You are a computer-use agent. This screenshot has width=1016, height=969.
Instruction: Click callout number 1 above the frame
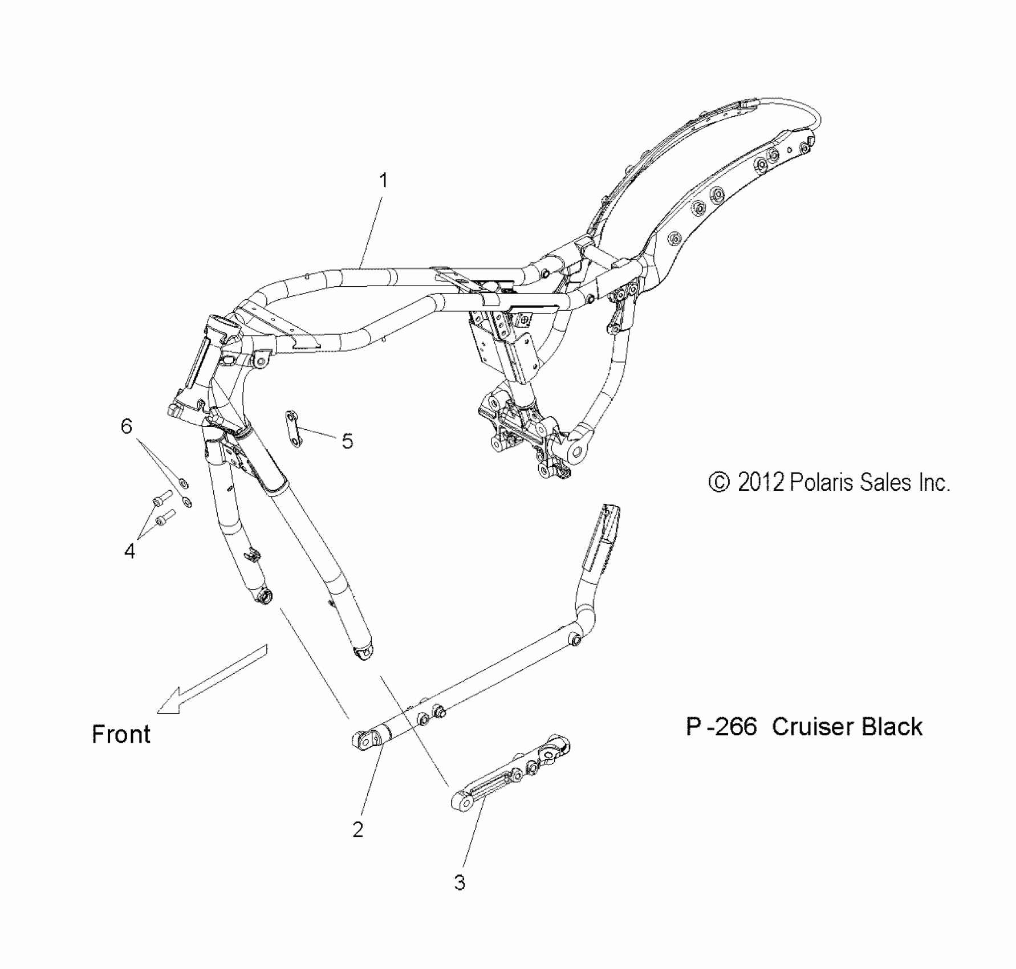[384, 181]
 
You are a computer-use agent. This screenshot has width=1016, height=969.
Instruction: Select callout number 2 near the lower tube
[357, 829]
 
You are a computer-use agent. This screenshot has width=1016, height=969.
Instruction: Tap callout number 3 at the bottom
[460, 883]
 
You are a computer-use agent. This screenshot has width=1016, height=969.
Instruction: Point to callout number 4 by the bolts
[130, 551]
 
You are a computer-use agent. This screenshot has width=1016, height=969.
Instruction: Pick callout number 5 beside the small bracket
[347, 441]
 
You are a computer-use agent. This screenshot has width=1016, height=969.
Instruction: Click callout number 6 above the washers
[127, 426]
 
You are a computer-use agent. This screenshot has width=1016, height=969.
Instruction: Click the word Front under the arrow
[121, 735]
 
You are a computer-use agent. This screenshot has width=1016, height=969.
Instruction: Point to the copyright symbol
[719, 483]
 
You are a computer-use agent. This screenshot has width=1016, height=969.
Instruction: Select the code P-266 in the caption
[722, 727]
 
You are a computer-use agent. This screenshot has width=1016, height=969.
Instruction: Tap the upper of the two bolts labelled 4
[162, 498]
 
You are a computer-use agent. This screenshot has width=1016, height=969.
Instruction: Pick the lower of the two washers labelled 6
[187, 503]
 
